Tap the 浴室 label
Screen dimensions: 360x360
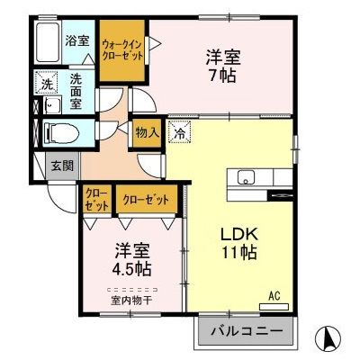pos(77,40)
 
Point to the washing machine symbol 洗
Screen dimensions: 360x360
pos(45,85)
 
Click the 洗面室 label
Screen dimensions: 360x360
pos(77,91)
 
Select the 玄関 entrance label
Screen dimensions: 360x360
pos(62,165)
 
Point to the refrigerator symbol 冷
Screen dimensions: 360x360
pos(180,133)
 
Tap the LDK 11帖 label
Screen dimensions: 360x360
pos(240,243)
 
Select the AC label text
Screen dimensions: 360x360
pos(275,292)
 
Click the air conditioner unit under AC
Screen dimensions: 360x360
pos(275,305)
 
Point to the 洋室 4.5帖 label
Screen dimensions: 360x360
pos(132,258)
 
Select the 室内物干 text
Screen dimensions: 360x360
pos(133,300)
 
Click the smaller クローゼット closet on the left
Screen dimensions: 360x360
pos(96,199)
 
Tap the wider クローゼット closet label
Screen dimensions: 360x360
pos(145,200)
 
